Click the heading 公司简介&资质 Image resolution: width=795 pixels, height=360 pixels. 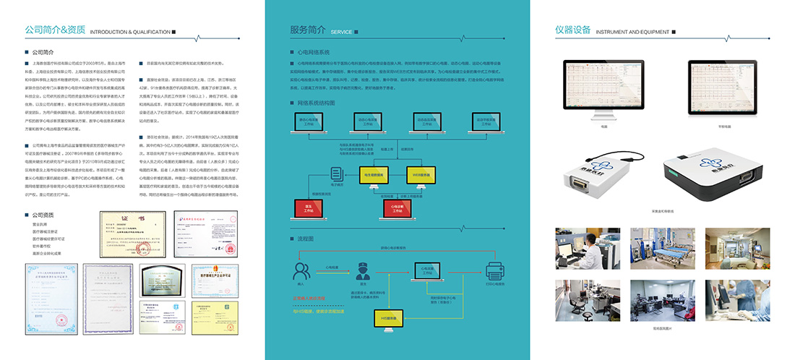click(55, 31)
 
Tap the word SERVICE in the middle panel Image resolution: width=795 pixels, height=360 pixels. click(341, 33)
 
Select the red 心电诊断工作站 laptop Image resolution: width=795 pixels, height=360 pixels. click(397, 208)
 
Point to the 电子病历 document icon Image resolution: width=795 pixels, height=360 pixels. click(335, 174)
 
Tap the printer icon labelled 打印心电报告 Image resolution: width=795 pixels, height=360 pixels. click(496, 271)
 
